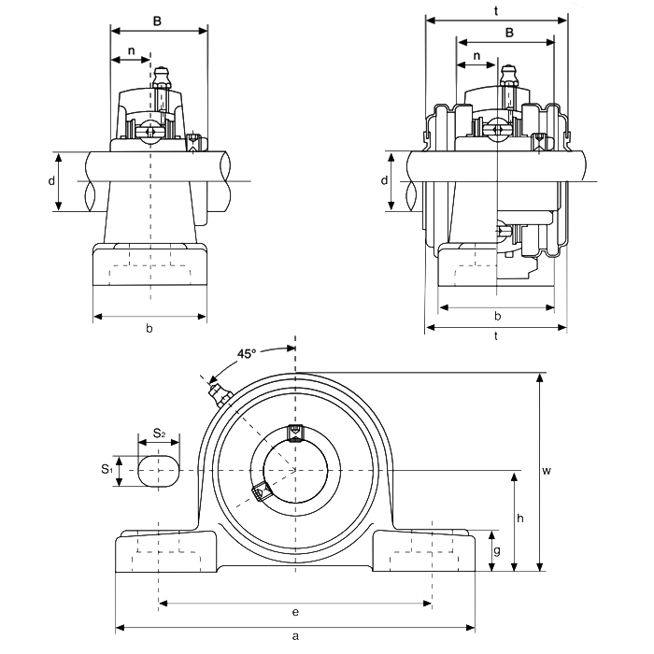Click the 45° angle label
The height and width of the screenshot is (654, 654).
(246, 354)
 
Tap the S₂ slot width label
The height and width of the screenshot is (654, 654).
(159, 434)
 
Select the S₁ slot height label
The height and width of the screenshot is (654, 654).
(107, 470)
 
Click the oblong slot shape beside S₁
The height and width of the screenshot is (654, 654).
(159, 471)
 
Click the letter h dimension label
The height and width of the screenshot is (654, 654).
(520, 519)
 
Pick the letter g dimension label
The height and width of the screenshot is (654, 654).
(497, 550)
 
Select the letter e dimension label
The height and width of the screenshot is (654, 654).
(295, 613)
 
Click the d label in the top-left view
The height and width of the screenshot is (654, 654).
(51, 180)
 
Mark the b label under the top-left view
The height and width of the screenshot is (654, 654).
(149, 328)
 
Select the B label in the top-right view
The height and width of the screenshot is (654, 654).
(508, 33)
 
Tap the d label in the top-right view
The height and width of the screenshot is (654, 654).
(386, 180)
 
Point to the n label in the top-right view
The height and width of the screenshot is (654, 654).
(477, 55)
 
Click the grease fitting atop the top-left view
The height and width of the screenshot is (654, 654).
(162, 75)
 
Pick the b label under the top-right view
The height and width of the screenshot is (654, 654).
(497, 316)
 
